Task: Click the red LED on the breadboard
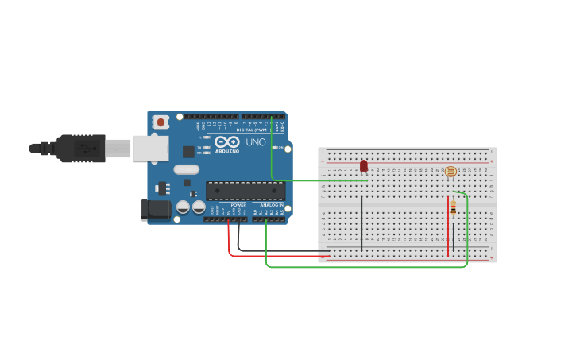(364, 166)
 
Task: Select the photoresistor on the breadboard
(450, 171)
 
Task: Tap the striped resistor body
(453, 209)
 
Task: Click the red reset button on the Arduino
(160, 122)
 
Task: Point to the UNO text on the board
(256, 142)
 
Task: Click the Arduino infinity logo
(226, 141)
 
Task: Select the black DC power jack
(156, 210)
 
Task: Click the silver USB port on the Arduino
(150, 148)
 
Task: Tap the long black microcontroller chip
(245, 191)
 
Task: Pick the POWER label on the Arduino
(238, 205)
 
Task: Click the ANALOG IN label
(271, 205)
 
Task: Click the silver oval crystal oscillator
(186, 169)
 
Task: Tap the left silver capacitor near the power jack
(183, 207)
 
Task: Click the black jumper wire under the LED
(361, 223)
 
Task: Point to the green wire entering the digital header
(272, 151)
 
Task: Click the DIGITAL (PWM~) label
(252, 130)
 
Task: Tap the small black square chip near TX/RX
(188, 151)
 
